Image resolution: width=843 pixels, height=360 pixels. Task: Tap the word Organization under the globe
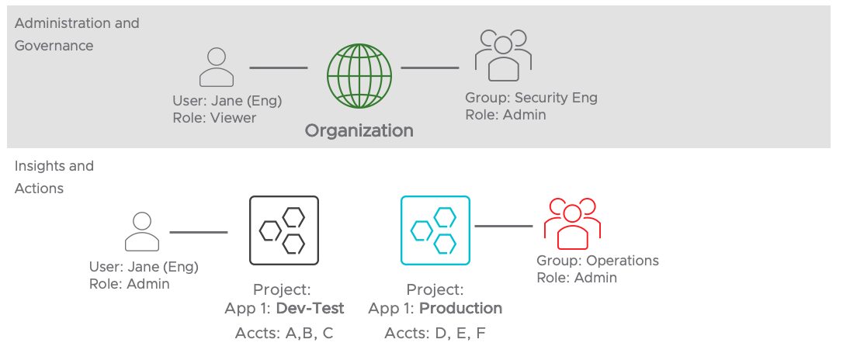coord(359,130)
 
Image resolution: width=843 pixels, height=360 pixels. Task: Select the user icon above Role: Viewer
coord(216,67)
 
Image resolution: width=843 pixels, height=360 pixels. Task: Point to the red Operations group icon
coord(573,220)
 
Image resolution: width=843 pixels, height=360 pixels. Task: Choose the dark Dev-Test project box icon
coord(283,230)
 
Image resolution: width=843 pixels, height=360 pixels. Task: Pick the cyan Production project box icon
coord(435,230)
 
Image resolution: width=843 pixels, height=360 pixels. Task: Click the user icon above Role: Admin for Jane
coord(142,232)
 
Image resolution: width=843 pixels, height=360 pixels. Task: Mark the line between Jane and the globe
coord(278,67)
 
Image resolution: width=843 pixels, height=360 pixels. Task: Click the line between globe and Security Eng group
coord(429,67)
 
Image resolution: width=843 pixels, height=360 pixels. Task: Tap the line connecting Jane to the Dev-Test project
coord(198,232)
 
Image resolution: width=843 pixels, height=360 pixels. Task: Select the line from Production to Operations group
coord(503,226)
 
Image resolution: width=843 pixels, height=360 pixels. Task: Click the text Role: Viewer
coord(214,118)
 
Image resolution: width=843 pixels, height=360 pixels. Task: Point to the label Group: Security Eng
coord(531,98)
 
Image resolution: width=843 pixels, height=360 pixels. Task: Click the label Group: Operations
coord(597,261)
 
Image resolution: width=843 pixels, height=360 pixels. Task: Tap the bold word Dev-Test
coord(310,308)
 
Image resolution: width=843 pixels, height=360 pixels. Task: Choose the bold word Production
coord(460,308)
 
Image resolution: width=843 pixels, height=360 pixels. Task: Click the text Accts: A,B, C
coord(283,334)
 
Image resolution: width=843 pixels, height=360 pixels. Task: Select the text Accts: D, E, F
coord(435,334)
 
